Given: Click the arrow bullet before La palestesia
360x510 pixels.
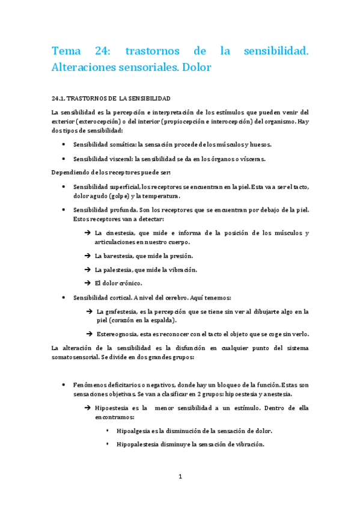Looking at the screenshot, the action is click(x=88, y=269).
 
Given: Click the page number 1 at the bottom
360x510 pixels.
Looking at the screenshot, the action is click(x=180, y=477).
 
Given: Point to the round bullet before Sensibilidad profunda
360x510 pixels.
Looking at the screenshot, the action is click(x=64, y=210).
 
